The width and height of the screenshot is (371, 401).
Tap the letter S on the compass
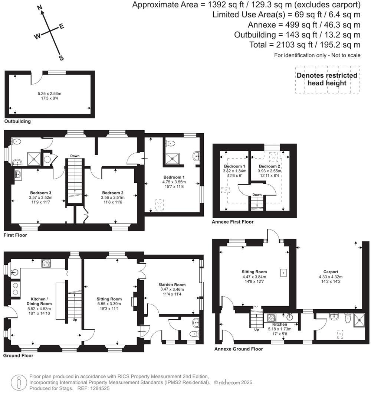61,58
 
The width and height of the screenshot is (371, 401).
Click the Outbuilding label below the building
17,121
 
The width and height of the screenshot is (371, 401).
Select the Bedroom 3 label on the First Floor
40,193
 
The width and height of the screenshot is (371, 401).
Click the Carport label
331,272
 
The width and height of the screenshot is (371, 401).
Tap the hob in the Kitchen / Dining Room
46,263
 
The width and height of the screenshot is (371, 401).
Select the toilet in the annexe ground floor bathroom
348,318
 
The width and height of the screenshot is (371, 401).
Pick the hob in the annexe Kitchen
271,318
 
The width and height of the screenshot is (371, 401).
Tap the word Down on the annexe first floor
257,195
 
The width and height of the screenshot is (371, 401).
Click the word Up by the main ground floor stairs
75,319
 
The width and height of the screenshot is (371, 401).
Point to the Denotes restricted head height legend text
327,79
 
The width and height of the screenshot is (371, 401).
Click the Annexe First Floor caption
232,222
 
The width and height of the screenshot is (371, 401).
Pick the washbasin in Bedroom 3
18,174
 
